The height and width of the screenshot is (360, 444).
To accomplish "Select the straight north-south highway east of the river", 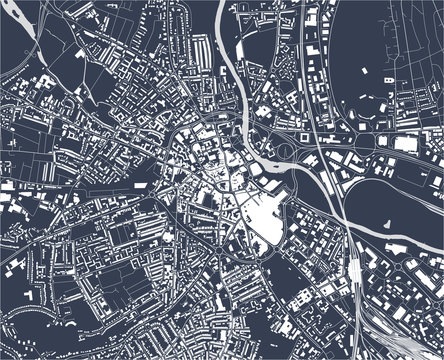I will click(x=322, y=100).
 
